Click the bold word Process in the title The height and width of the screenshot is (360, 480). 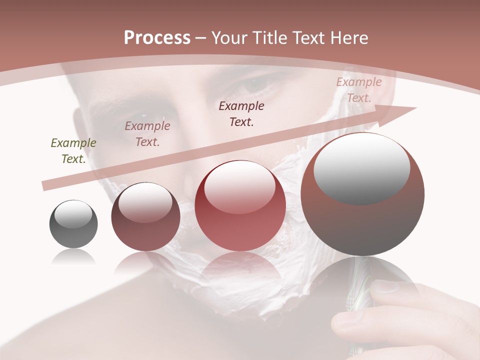[x=157, y=38]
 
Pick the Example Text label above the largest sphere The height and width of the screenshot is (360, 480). [x=358, y=90]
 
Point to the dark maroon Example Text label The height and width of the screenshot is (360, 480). [x=241, y=114]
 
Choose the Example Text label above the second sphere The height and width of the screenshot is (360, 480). [x=147, y=134]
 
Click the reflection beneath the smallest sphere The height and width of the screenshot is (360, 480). [x=73, y=257]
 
